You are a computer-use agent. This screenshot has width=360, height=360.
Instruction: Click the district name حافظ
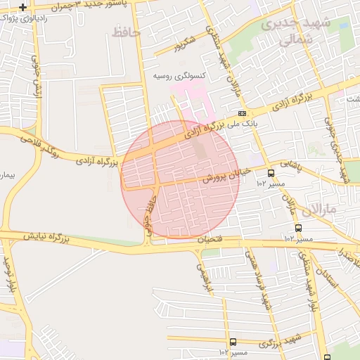pos(127,32)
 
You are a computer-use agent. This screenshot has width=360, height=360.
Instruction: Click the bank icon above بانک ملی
pos(242,113)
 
